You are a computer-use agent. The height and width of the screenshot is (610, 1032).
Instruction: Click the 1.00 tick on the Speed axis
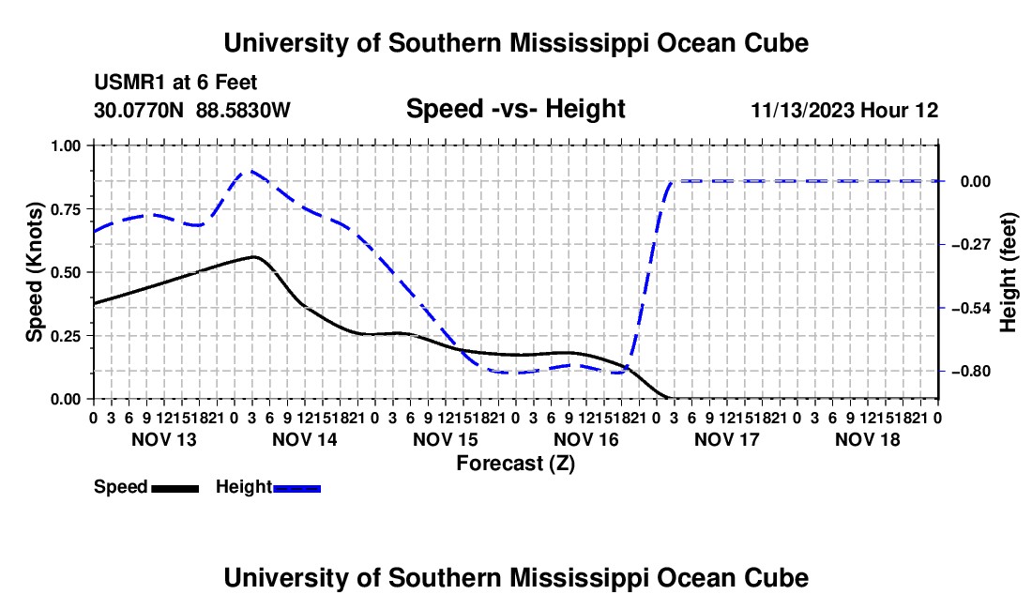(x=66, y=145)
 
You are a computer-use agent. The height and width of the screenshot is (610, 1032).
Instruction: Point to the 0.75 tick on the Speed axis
(x=66, y=209)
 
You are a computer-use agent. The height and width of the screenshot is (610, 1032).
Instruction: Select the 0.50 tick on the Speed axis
(x=66, y=272)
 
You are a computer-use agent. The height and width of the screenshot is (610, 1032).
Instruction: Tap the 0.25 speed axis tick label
(x=66, y=336)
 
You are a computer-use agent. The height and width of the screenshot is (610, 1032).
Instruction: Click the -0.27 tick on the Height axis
(x=971, y=245)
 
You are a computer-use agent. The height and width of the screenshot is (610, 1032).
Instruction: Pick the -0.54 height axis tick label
(x=971, y=308)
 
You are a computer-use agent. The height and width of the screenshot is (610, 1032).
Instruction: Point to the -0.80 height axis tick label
(x=971, y=371)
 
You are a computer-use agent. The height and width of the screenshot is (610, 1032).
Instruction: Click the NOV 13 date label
(x=164, y=439)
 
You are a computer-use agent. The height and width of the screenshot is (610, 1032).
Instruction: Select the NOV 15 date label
(x=445, y=439)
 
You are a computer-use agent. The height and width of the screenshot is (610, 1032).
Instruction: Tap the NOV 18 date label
(x=868, y=439)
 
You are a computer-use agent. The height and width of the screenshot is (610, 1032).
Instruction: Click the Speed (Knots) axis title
(x=34, y=272)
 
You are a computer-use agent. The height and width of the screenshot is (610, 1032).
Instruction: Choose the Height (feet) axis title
(x=1009, y=272)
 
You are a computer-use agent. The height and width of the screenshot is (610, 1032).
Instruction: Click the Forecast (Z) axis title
(x=515, y=464)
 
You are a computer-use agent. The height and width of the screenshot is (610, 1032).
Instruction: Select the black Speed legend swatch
(x=175, y=488)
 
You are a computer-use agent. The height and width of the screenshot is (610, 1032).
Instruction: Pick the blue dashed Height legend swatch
(x=296, y=488)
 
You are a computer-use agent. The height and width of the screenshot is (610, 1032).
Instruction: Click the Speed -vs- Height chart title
(x=515, y=109)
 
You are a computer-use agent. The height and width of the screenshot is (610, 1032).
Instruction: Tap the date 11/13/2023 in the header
(x=803, y=111)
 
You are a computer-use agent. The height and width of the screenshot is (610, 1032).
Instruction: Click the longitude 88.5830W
(x=244, y=110)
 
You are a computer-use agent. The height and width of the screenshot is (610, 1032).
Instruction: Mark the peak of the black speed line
(x=253, y=256)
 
